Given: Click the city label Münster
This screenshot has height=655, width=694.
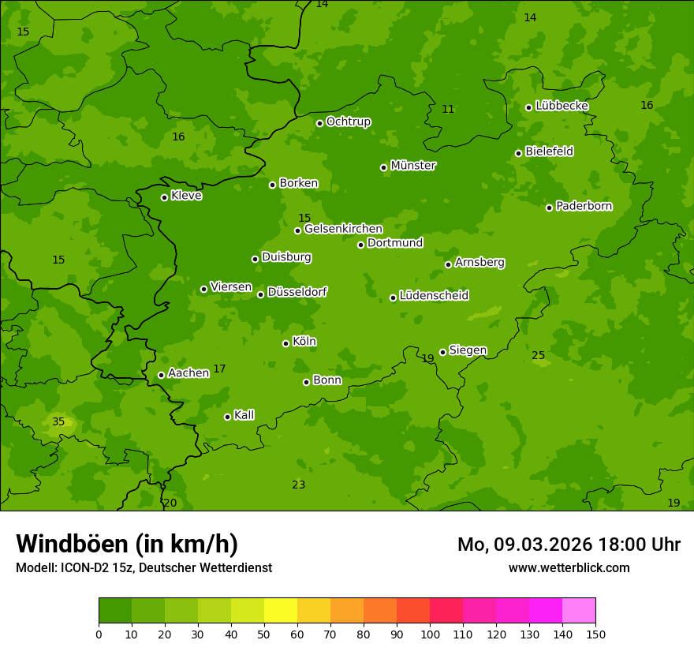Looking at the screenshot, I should coord(413,166).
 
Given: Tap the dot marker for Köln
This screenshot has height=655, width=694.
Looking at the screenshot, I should coord(285,343).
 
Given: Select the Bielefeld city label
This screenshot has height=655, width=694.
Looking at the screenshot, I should coord(549,152).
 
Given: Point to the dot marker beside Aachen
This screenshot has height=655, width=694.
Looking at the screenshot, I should coord(161,375).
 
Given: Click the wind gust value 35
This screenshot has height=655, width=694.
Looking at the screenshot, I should coord(58,422).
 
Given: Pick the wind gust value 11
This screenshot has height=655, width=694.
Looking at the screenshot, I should coord(448,110).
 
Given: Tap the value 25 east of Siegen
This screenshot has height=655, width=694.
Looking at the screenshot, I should coord(538,356).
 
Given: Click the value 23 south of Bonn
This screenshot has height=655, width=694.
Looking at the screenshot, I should coord(298,485).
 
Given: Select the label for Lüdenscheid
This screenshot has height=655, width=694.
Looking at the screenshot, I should coord(434,296).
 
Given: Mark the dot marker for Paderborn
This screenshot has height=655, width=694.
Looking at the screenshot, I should coord(549,208).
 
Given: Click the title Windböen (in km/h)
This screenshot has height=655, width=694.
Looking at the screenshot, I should coord(127,544).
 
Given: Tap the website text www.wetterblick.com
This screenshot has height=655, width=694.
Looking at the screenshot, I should coord(569,568).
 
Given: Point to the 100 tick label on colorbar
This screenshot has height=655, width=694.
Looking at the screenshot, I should coord(430,634).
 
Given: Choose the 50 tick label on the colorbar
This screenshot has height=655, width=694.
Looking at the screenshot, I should coord(264,634).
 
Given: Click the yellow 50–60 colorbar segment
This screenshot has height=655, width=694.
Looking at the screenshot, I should coord(281,611).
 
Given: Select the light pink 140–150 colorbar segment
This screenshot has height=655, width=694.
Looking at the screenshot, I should coord(579,611).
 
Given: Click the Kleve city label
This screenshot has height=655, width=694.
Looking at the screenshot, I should coord(186,196).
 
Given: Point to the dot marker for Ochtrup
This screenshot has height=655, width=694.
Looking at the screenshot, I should coord(319,123).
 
